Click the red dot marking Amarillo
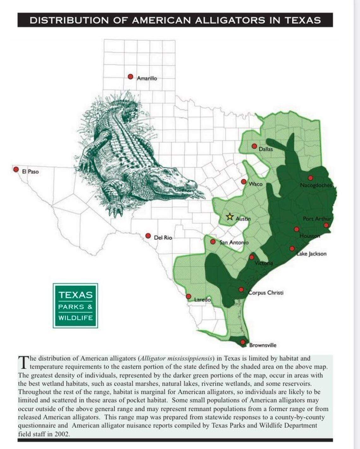point(130,77)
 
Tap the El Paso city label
point(30,172)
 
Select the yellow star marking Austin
point(230,217)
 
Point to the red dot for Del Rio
point(148,236)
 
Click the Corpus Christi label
point(266,293)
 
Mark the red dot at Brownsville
point(243,342)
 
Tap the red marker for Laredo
point(189,296)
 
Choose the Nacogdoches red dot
point(310,178)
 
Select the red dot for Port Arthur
point(326,225)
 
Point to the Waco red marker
point(244,182)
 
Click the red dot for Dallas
point(254,146)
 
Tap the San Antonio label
point(234,242)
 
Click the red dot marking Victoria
point(252,257)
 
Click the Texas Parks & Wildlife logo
point(75,306)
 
